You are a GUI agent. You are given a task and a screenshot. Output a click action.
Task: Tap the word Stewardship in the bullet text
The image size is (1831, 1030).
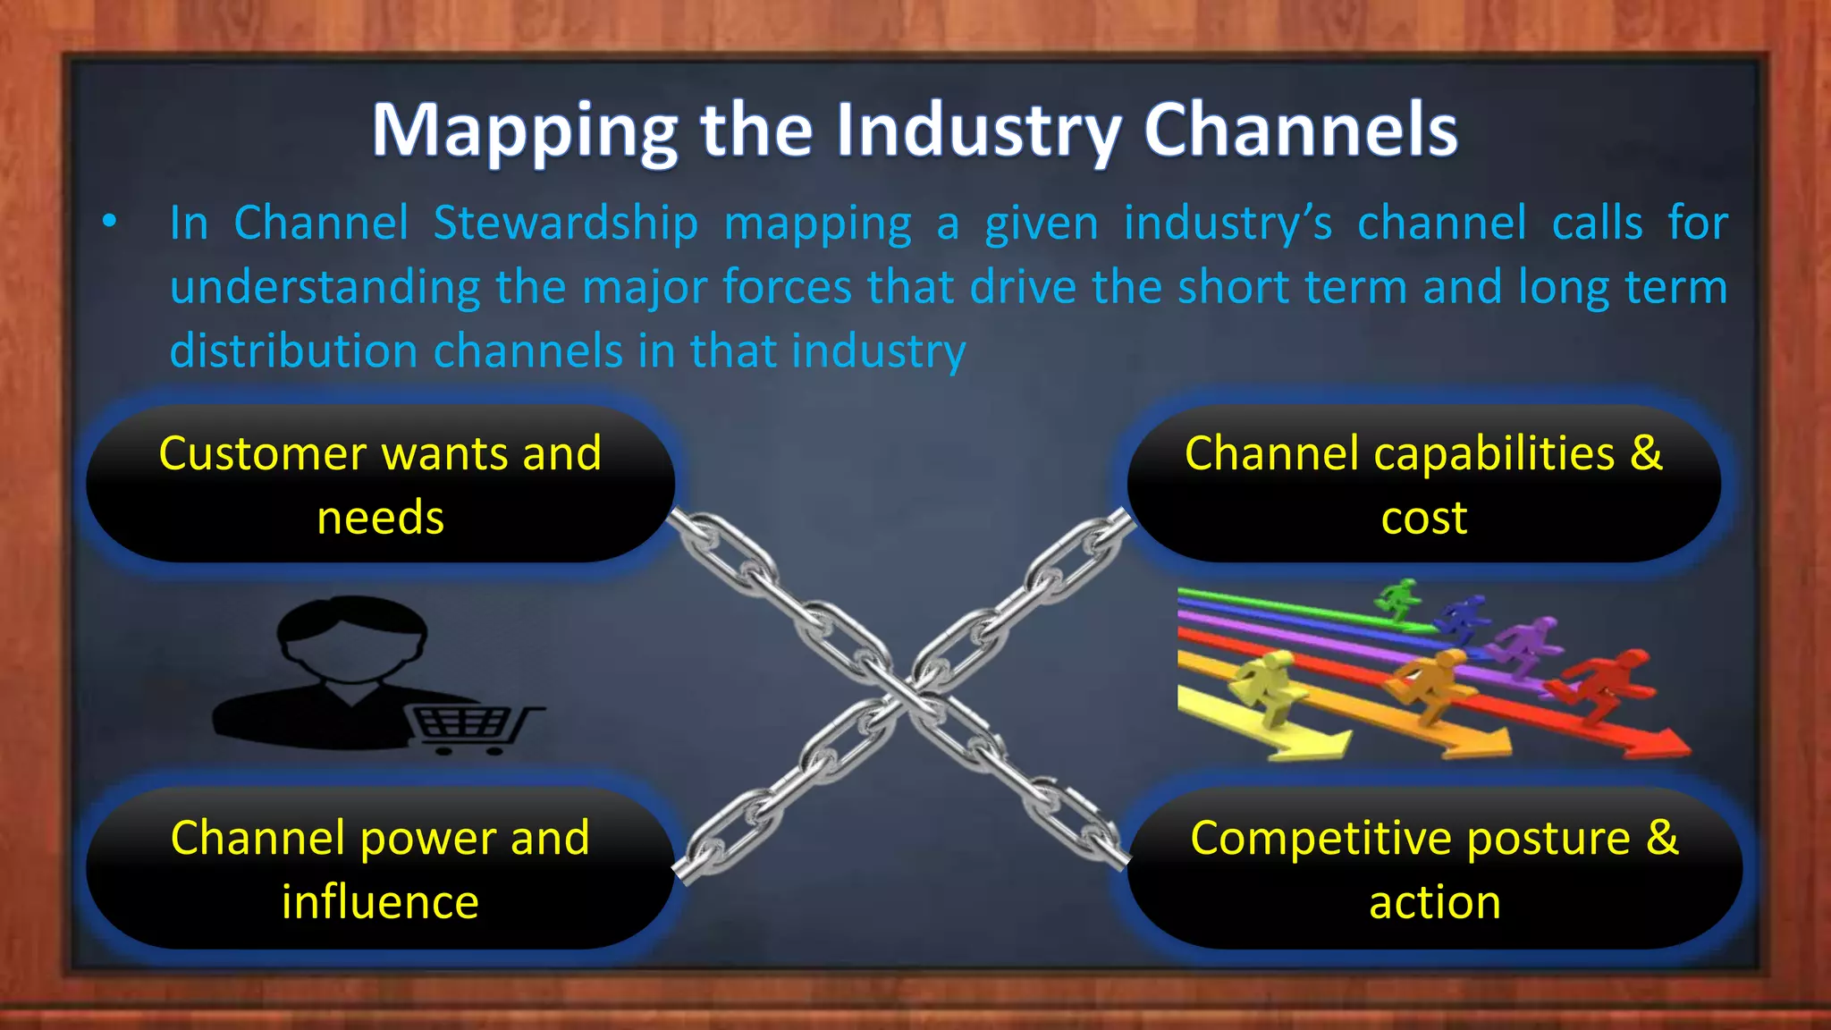(565, 224)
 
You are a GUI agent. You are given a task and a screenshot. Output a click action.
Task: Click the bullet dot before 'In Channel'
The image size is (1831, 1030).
(109, 222)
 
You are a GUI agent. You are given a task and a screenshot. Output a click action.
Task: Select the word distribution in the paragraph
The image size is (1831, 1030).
(293, 350)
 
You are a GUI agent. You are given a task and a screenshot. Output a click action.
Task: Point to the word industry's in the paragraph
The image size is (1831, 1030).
(1228, 224)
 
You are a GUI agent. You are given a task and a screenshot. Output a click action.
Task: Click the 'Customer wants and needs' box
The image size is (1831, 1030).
(380, 485)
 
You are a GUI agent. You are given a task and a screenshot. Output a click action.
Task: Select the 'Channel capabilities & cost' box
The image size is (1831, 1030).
(1423, 485)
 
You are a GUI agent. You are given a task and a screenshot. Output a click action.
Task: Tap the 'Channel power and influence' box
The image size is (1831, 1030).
(380, 869)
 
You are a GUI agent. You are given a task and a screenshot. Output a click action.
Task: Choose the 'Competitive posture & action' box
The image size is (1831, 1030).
(1434, 869)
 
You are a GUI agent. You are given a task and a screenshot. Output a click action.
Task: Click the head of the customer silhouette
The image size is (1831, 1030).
(351, 637)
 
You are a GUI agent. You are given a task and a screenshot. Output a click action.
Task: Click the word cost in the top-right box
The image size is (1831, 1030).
(1423, 519)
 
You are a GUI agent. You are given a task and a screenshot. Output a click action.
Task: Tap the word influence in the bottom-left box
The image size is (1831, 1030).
(380, 902)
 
